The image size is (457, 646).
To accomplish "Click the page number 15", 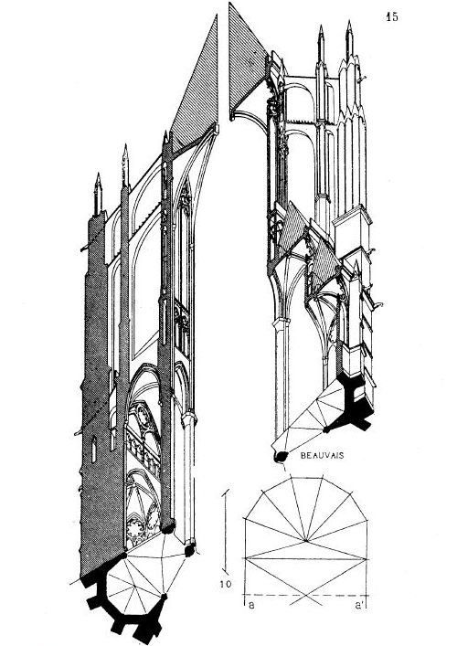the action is point(392,16).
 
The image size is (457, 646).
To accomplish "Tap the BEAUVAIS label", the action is point(323,456).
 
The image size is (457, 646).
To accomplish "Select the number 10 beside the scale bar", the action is point(226,584).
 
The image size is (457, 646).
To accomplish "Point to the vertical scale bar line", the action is point(226,534).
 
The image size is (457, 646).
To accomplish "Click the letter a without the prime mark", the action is point(251,606).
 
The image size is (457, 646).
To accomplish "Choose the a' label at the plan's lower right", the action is point(359,606).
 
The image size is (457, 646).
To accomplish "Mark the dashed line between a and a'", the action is point(306,595).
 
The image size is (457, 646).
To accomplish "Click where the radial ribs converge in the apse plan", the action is point(306,540).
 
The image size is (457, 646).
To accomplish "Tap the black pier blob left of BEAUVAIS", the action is point(282,456).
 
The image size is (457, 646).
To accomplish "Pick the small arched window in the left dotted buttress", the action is point(93,449).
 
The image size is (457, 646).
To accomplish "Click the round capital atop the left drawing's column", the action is point(189,418).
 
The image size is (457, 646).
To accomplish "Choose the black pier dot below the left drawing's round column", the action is point(189,551).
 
